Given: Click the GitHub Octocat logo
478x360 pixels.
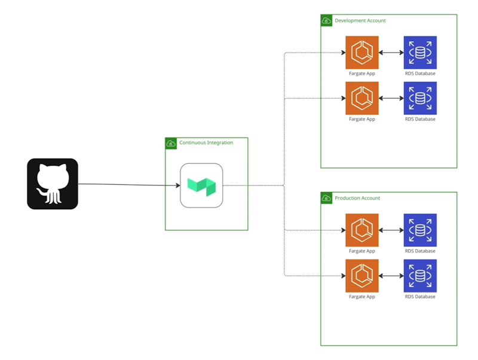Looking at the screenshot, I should [x=53, y=184].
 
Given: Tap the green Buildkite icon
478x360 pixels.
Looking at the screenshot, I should [x=201, y=185].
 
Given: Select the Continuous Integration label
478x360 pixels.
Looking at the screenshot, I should [x=206, y=143].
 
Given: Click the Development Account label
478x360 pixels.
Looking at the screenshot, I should [x=360, y=21].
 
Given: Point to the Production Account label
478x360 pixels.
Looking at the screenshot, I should [x=357, y=198].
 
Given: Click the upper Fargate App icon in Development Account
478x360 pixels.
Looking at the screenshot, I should [x=362, y=53].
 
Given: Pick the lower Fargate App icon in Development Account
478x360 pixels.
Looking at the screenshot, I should [x=362, y=98].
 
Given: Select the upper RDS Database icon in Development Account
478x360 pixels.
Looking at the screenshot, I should [x=420, y=53].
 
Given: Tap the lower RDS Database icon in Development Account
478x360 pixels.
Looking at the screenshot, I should [x=420, y=98].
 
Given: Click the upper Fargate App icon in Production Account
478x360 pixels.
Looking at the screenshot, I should [x=362, y=230].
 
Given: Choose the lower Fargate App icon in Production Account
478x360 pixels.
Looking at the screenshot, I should [x=362, y=276].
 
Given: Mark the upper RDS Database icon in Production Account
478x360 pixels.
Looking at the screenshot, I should [x=420, y=230].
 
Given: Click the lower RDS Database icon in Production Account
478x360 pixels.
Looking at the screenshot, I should [x=420, y=276].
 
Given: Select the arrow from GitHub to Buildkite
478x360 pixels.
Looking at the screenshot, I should [x=128, y=185].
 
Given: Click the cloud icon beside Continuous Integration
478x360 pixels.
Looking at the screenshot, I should [x=171, y=144].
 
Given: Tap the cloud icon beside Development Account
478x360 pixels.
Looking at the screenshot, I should [x=326, y=21].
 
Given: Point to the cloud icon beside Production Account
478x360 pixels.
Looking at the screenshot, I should [x=326, y=198].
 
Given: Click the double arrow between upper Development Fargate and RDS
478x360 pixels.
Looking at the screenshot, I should [x=391, y=53].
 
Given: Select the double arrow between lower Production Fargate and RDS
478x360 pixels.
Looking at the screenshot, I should [x=391, y=276].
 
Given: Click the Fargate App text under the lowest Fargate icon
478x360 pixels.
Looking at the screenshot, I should [x=362, y=297].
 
